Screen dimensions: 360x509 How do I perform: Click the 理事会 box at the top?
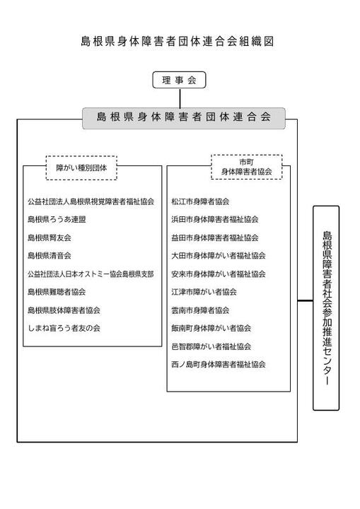(x=179, y=80)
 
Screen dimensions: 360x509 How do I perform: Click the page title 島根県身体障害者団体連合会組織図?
(x=178, y=42)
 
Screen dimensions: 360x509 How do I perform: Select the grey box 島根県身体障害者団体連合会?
(x=184, y=118)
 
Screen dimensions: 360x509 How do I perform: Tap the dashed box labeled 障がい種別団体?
(x=81, y=168)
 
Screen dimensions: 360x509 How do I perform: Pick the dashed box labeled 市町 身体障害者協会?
(x=247, y=167)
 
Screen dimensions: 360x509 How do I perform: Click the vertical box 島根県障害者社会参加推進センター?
(x=326, y=308)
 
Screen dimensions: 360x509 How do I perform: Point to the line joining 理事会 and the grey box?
(x=180, y=98)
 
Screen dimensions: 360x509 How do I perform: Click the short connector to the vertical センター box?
(x=305, y=301)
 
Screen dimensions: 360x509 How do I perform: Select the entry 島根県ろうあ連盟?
(x=57, y=219)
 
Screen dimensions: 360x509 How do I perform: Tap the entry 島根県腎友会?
(x=50, y=238)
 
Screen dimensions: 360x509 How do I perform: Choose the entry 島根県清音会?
(x=50, y=255)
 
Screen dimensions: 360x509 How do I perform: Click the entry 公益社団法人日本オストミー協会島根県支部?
(x=91, y=274)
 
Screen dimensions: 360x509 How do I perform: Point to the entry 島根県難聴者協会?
(x=57, y=292)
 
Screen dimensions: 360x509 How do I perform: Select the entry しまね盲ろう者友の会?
(x=64, y=328)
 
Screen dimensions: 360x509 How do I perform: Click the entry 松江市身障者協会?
(x=200, y=201)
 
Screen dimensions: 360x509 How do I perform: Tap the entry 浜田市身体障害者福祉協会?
(x=215, y=219)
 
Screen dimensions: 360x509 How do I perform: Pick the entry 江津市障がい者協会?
(x=204, y=292)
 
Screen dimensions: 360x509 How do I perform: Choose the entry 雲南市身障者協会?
(x=200, y=310)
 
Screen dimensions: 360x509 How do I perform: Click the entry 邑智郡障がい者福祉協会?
(x=211, y=346)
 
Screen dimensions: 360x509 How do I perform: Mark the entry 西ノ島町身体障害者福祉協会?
(x=219, y=364)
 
